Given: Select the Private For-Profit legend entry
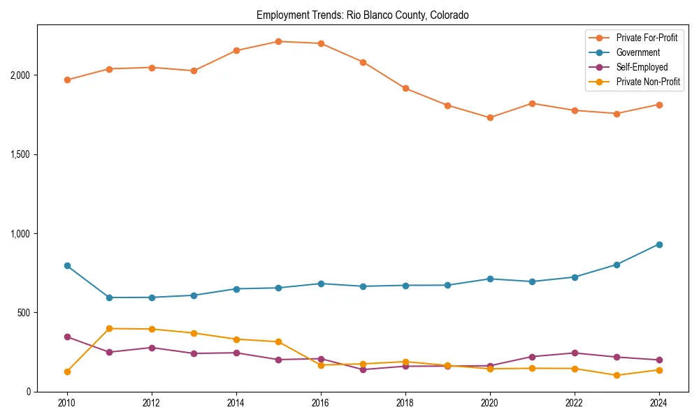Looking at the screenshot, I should [x=647, y=38].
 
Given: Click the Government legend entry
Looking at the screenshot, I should [x=637, y=52].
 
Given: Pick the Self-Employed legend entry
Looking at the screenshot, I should [x=642, y=67].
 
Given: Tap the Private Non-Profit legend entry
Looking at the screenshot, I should [x=648, y=82].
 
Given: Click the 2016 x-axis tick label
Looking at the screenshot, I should [x=321, y=403].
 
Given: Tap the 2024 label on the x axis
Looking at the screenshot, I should [x=658, y=403].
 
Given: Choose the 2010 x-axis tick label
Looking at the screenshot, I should [x=67, y=403].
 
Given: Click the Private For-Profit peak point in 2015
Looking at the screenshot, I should [x=278, y=41].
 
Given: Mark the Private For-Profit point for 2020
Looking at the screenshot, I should [x=490, y=117].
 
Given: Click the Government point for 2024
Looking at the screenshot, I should [x=658, y=244].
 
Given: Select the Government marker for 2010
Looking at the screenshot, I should [x=67, y=265].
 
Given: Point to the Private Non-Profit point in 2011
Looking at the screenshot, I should [x=110, y=328].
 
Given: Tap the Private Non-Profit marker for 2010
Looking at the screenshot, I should [x=67, y=372].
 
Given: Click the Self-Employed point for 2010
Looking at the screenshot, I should [x=67, y=337].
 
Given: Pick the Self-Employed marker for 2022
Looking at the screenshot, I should [x=575, y=353].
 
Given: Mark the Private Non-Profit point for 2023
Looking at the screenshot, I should [x=617, y=375].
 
